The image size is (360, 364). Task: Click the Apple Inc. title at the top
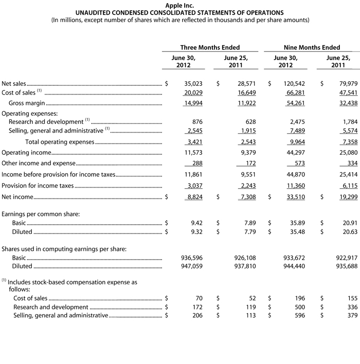(179, 5)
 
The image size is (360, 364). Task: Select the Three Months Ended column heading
(210, 47)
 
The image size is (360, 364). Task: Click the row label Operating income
(26, 153)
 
